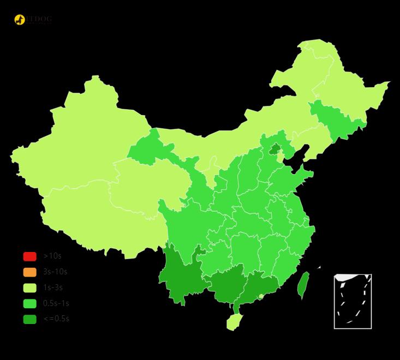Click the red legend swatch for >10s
[29, 256]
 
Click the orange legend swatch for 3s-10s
[29, 272]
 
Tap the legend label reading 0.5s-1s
[56, 303]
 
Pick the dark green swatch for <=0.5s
[29, 319]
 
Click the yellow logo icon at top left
[20, 20]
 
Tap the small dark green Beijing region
[275, 148]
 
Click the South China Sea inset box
[353, 301]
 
